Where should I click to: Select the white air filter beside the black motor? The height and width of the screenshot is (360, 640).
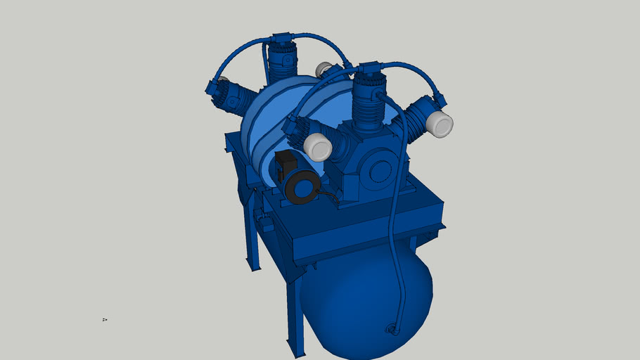(317, 147)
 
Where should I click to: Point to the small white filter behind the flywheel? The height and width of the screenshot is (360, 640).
(324, 69)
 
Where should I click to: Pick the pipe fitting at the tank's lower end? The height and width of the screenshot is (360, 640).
(391, 328)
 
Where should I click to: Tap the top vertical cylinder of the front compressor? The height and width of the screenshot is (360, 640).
(369, 105)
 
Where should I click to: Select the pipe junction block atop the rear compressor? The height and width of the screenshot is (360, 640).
(281, 37)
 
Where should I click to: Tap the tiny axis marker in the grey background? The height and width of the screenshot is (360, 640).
(104, 319)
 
